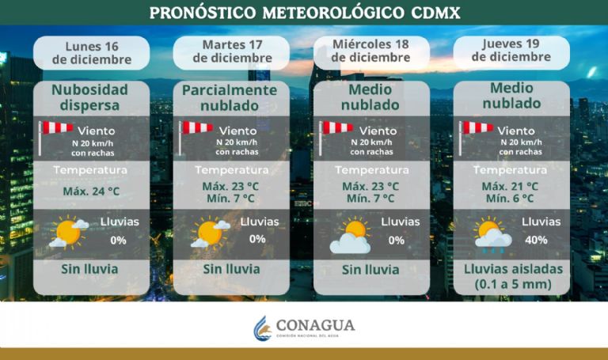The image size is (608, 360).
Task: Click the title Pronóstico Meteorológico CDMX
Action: pos(304,13)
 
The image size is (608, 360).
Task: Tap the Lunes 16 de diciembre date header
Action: pos(91,51)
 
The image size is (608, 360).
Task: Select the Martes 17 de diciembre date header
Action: pos(232,51)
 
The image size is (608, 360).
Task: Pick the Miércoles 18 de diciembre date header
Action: pos(370,51)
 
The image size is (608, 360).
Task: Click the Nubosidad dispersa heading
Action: pos(90,97)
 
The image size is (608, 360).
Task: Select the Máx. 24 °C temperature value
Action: pos(90,191)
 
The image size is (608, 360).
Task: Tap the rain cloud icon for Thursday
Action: pos(492,235)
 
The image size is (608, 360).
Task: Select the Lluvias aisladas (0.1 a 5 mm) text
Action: pos(512,276)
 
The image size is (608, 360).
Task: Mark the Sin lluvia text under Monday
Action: pos(90,269)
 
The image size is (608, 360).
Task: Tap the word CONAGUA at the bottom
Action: pos(315,325)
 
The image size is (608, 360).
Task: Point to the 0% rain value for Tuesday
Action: pos(257,239)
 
